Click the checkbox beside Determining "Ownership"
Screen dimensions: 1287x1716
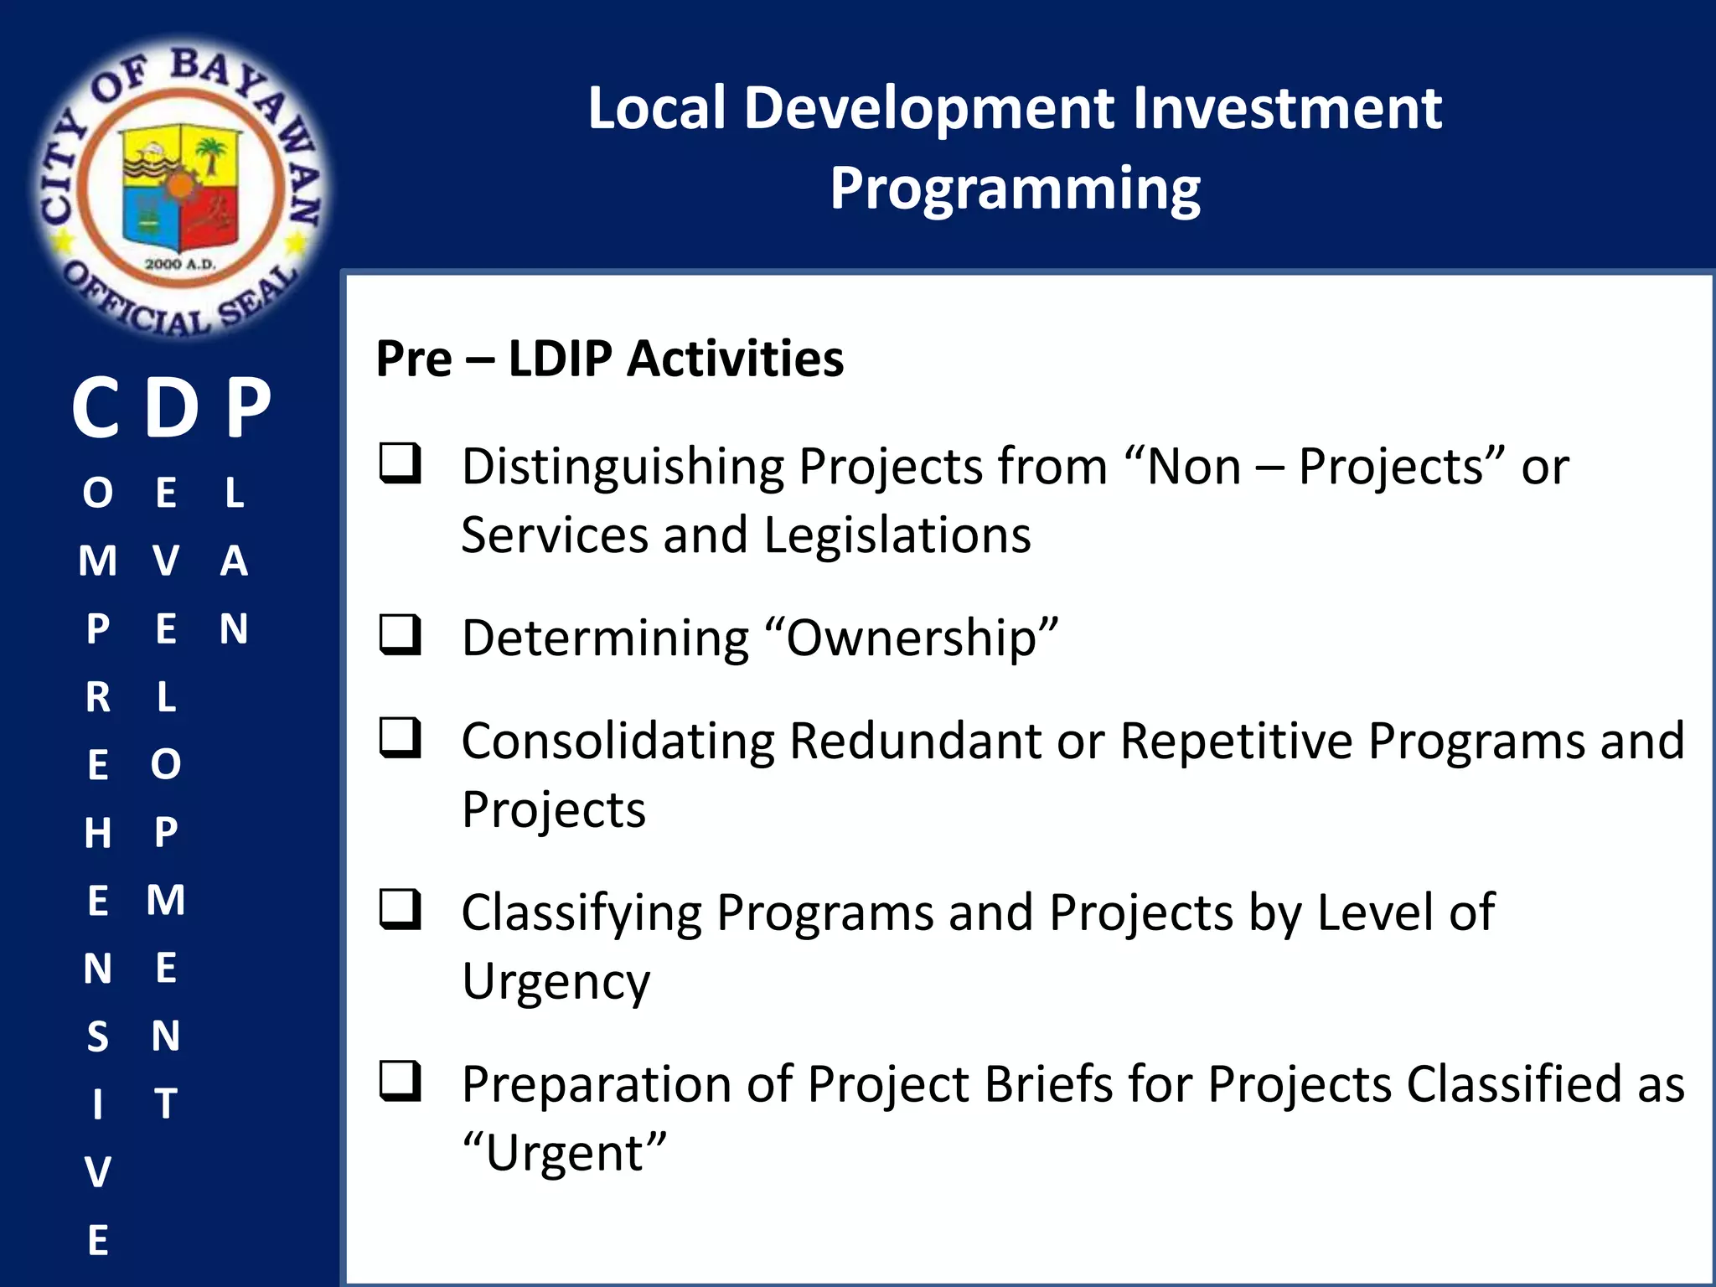[x=400, y=634]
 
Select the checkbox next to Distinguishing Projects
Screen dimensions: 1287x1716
[x=400, y=463]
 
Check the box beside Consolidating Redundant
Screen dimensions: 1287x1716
[x=400, y=737]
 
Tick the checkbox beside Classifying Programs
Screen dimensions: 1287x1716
[x=400, y=909]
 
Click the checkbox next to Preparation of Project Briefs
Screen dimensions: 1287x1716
[x=400, y=1081]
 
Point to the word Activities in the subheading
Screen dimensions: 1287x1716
[x=735, y=359]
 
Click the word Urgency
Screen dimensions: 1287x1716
[x=556, y=982]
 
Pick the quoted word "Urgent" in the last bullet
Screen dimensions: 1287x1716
[x=565, y=1154]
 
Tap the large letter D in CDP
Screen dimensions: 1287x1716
[x=172, y=408]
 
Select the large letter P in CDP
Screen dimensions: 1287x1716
[x=249, y=408]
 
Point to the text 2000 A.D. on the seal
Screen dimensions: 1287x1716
[x=180, y=265]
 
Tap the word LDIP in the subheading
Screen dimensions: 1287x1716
[x=560, y=359]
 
